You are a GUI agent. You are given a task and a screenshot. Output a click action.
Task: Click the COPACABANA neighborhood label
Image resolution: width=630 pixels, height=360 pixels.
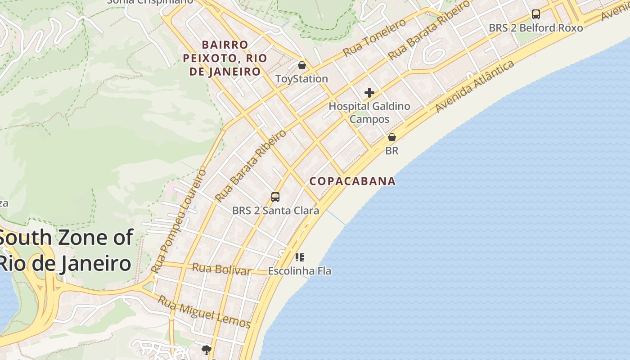(353, 181)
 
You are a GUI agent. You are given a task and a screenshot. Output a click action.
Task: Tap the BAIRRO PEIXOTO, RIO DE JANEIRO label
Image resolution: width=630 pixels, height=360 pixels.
(225, 58)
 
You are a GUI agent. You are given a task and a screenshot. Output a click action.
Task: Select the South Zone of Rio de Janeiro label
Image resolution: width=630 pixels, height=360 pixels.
(66, 251)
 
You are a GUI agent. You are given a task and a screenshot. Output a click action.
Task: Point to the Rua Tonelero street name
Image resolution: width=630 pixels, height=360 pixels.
(374, 38)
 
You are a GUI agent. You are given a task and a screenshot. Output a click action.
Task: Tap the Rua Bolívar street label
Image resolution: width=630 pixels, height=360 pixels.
(221, 269)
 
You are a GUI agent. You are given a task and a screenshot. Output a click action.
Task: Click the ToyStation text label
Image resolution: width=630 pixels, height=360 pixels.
(301, 79)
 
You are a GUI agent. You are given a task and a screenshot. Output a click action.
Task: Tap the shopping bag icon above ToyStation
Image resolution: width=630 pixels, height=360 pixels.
(302, 66)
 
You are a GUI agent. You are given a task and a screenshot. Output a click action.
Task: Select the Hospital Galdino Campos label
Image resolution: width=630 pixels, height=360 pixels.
(369, 112)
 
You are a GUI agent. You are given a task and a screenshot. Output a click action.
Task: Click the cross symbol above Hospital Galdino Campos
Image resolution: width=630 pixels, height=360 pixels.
(369, 93)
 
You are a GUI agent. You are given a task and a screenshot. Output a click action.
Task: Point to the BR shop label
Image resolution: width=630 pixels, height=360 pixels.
(392, 151)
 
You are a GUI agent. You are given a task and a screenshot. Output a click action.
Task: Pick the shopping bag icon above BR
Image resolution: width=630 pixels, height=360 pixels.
(392, 137)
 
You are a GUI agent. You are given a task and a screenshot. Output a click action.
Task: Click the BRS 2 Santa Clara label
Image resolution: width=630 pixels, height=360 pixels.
(275, 210)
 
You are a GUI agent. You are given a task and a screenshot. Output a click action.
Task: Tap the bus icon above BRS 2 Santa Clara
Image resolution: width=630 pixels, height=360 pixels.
(275, 197)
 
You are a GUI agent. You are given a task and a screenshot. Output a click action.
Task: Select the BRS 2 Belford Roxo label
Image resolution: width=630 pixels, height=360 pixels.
(535, 28)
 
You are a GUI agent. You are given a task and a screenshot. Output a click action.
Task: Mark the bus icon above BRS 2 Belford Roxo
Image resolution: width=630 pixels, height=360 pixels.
(535, 14)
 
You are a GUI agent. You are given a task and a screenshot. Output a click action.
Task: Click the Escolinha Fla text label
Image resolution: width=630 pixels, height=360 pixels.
(300, 271)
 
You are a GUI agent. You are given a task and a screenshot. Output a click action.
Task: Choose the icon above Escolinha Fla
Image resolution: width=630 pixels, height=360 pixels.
(300, 257)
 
